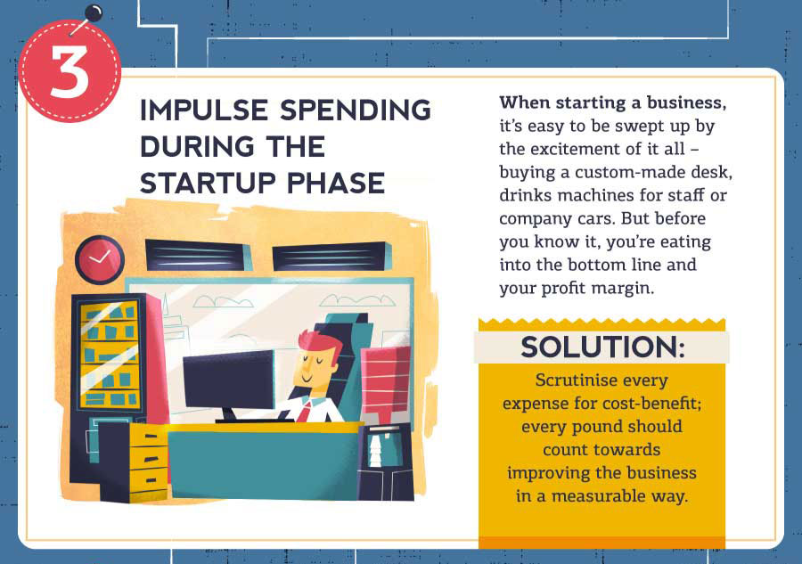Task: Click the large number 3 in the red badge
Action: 70,72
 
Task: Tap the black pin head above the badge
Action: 94,13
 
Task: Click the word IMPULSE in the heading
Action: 203,110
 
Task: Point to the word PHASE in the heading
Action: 336,183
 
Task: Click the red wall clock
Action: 100,259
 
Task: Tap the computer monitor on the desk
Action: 229,381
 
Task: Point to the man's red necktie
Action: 305,412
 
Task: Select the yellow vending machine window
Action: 109,356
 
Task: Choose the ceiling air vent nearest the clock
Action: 197,255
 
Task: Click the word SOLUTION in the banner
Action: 602,347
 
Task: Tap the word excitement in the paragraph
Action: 573,149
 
